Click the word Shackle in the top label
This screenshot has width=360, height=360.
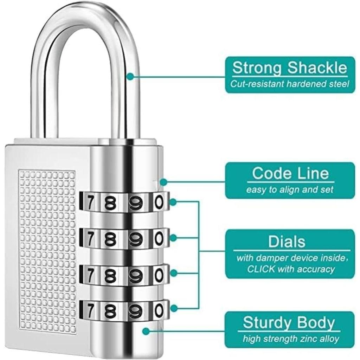(x=317, y=68)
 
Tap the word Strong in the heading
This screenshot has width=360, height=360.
(x=257, y=68)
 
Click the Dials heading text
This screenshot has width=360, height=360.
(x=287, y=242)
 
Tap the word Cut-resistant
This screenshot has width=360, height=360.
(x=257, y=84)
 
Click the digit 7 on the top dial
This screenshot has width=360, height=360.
(x=90, y=202)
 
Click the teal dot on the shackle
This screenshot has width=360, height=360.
(x=130, y=76)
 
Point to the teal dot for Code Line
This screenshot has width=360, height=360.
(x=163, y=182)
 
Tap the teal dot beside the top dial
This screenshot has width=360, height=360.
(x=173, y=202)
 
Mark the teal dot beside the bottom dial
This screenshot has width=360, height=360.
(x=174, y=308)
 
